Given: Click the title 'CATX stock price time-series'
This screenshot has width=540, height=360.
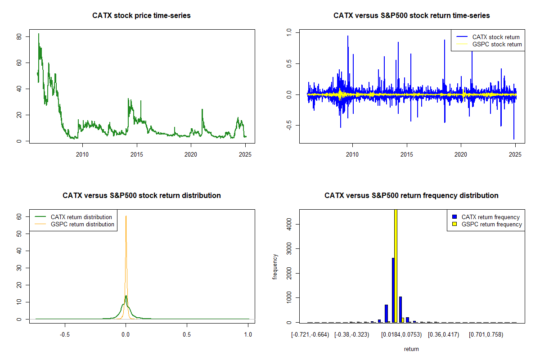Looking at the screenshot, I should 141,16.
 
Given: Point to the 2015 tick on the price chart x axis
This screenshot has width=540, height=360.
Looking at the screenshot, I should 137,154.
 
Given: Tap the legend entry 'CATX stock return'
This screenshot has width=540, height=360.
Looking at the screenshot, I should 495,37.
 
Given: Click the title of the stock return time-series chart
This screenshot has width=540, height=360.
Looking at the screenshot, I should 411,16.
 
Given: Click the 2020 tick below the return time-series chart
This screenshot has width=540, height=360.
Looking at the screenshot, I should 461,154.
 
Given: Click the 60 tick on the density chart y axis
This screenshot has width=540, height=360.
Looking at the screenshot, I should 19,216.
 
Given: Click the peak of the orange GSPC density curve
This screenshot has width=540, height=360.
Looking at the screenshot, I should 126,216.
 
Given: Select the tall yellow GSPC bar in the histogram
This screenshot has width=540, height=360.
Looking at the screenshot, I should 396,265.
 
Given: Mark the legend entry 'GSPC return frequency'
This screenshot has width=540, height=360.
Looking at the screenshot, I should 491,224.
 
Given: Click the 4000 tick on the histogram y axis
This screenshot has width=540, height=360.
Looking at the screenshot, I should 289,224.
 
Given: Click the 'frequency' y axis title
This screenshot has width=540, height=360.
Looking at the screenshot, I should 275,266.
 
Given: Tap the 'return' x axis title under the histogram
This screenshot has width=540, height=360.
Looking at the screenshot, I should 411,349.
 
